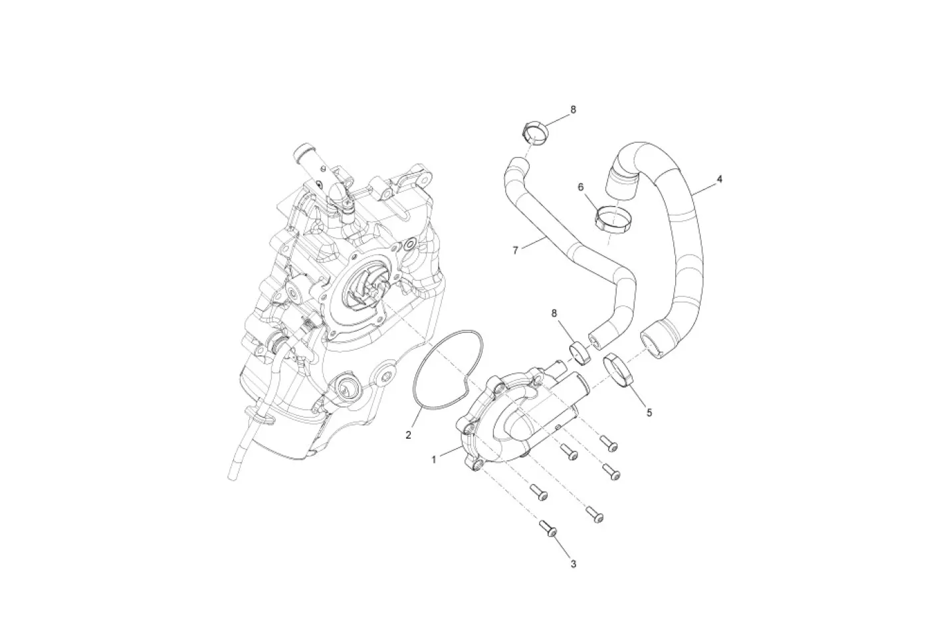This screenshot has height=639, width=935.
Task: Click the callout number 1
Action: click(x=434, y=460)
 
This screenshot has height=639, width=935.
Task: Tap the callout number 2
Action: click(x=408, y=435)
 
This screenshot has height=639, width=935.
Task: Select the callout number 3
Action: click(x=573, y=564)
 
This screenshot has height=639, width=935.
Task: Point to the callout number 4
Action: click(x=719, y=179)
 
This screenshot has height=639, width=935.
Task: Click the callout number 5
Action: click(x=649, y=413)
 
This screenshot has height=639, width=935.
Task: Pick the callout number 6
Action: click(x=581, y=187)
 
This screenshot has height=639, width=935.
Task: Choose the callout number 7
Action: click(x=515, y=250)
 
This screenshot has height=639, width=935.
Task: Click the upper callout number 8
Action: click(x=573, y=110)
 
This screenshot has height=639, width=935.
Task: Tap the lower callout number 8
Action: click(x=554, y=313)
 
